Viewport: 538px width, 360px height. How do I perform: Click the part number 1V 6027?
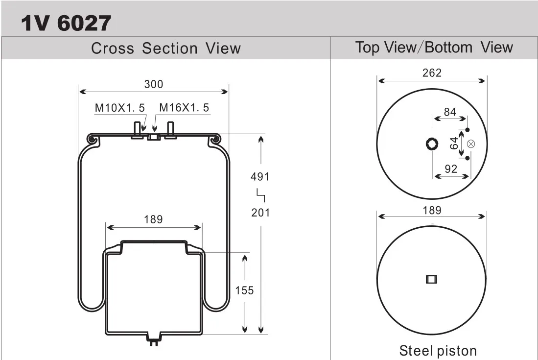[66, 24]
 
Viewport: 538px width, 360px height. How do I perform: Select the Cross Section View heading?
[166, 48]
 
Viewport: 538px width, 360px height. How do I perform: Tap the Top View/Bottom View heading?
[434, 47]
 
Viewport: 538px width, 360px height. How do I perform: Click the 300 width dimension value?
[153, 84]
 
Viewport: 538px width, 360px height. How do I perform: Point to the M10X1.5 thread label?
[120, 108]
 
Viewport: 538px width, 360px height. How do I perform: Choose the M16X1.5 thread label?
[184, 107]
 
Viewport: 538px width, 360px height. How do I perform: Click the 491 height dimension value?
[260, 176]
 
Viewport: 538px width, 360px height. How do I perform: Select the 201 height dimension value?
[260, 213]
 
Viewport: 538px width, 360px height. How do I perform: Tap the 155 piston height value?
[244, 290]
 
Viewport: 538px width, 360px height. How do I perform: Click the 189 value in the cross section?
[153, 219]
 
